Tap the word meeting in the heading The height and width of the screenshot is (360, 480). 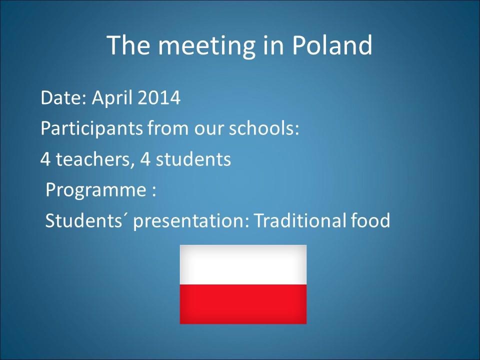click(x=206, y=46)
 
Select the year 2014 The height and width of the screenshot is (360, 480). click(x=159, y=97)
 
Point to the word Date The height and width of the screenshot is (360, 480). click(x=63, y=98)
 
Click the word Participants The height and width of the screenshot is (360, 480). click(x=91, y=128)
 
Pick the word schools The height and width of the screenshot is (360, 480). click(x=263, y=128)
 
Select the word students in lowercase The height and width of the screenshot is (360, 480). click(x=193, y=159)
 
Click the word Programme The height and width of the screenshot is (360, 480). click(x=96, y=190)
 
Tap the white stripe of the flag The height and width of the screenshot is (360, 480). click(x=243, y=265)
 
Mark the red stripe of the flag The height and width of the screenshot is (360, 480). click(x=243, y=304)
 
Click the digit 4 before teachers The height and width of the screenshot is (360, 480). click(x=45, y=159)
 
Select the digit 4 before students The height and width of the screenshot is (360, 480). click(x=145, y=159)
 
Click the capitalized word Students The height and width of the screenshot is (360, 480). click(x=83, y=220)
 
